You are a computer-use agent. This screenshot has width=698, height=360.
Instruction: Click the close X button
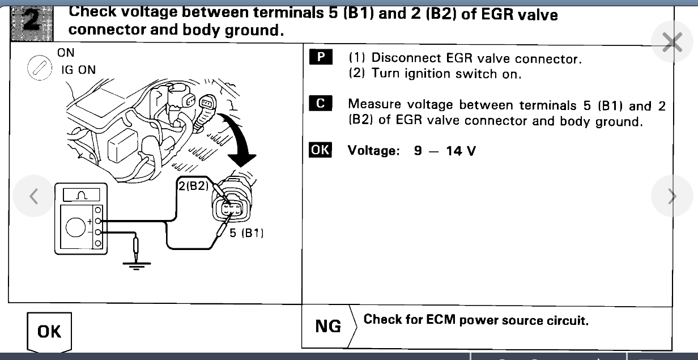point(672,42)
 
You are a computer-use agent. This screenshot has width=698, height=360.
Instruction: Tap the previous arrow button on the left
point(34,196)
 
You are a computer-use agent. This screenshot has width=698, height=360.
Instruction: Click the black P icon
point(321,57)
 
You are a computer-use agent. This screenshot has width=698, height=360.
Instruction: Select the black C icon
point(321,104)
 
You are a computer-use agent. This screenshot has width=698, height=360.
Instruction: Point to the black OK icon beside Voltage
point(320,150)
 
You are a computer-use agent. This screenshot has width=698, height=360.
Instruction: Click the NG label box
point(328,326)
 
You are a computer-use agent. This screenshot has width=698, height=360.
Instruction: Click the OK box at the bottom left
point(49,331)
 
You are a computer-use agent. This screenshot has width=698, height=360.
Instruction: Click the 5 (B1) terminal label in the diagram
point(246,232)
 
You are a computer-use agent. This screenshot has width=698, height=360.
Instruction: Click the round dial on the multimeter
point(76,227)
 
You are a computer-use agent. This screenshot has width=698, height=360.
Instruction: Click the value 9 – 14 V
point(444,151)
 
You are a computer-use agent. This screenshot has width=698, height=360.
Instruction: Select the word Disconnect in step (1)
point(398,58)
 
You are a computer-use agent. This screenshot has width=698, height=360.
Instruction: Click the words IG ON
point(79,70)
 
